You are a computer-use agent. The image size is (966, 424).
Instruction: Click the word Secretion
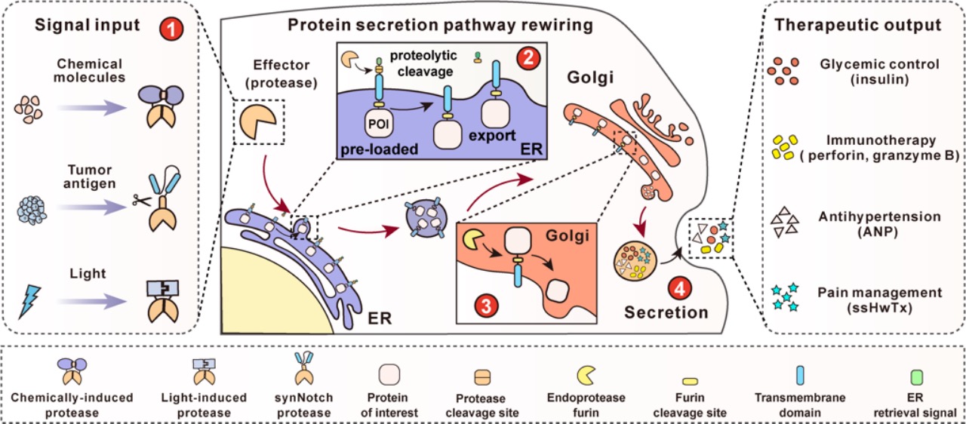668,312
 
